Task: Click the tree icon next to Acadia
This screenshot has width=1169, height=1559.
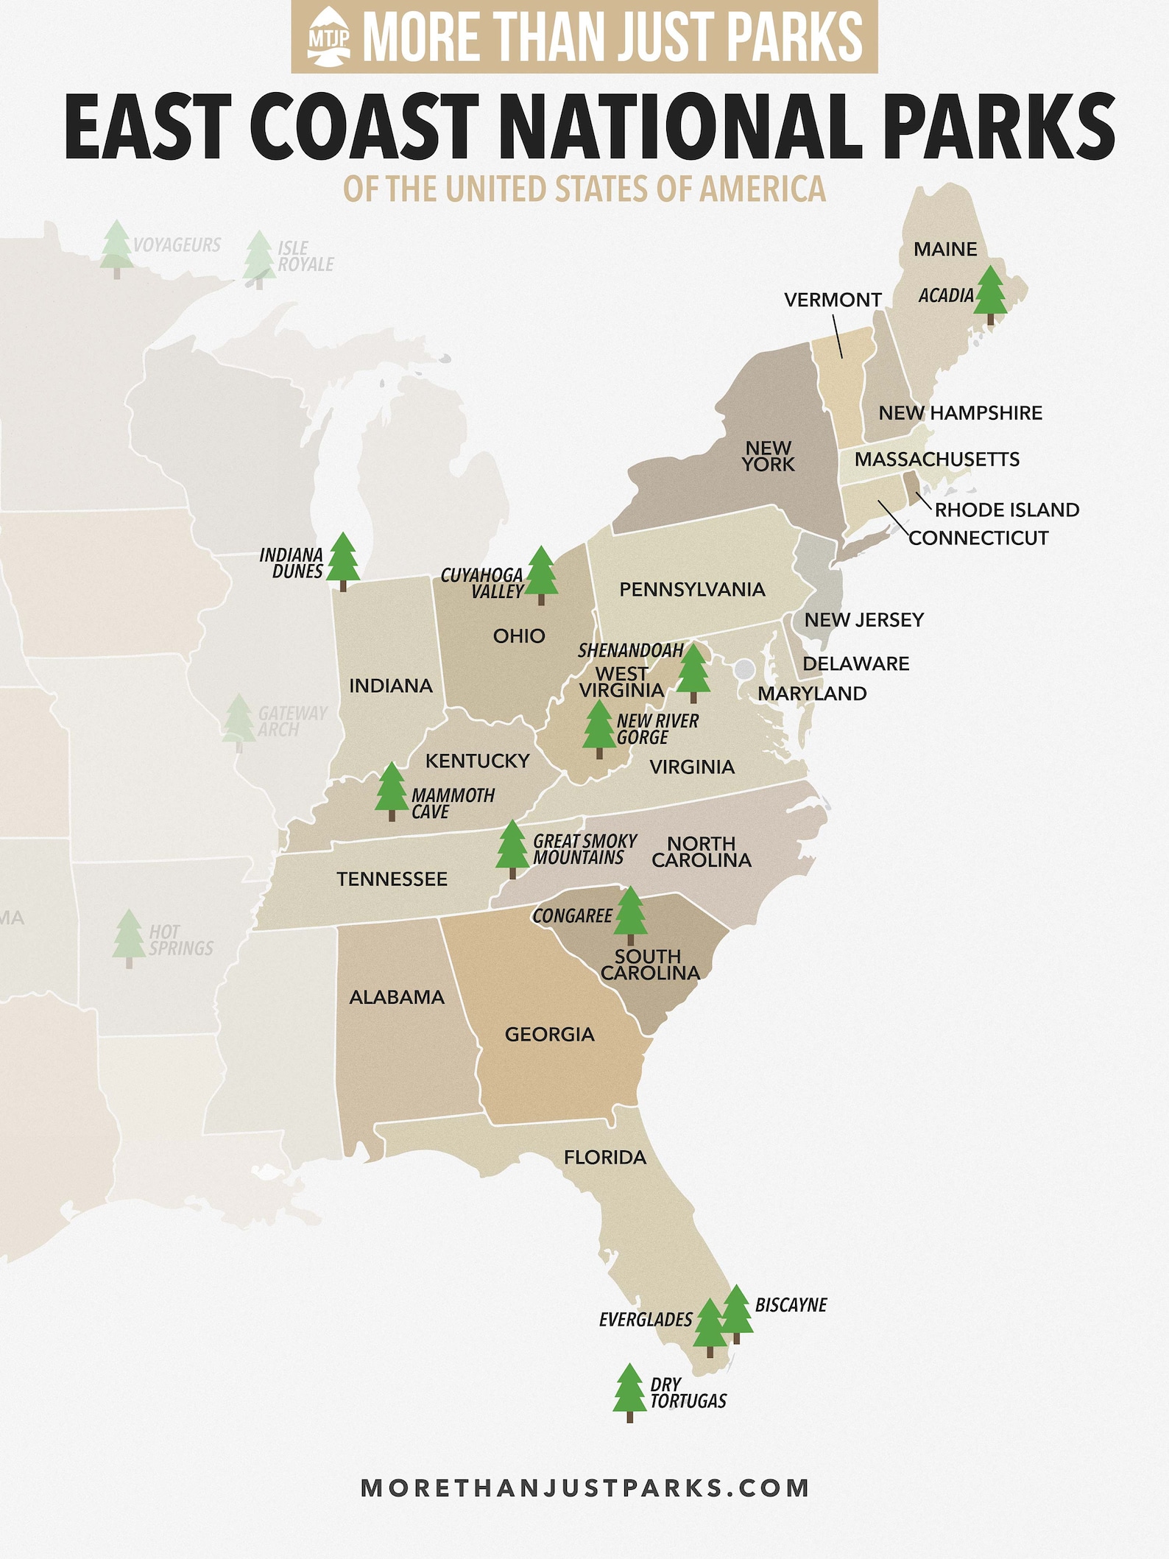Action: (990, 295)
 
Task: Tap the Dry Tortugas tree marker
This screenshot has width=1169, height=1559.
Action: (629, 1392)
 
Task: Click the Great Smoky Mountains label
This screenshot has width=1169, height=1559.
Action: (584, 849)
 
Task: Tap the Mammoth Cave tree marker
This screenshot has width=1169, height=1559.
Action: (391, 791)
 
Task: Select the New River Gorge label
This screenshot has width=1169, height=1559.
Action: (657, 729)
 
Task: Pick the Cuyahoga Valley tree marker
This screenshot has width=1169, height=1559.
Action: (542, 574)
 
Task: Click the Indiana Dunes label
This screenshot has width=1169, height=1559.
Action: (292, 563)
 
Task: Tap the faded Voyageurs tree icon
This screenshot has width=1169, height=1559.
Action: (116, 249)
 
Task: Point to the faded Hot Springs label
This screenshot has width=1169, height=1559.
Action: (180, 940)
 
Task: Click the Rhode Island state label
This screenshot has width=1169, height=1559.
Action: (1006, 510)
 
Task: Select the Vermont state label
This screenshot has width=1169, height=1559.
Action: (833, 300)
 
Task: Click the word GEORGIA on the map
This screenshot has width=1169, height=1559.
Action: (549, 1034)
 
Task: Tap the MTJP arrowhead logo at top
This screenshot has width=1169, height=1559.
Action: (329, 38)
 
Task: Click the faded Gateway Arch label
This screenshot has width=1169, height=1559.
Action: (292, 721)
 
